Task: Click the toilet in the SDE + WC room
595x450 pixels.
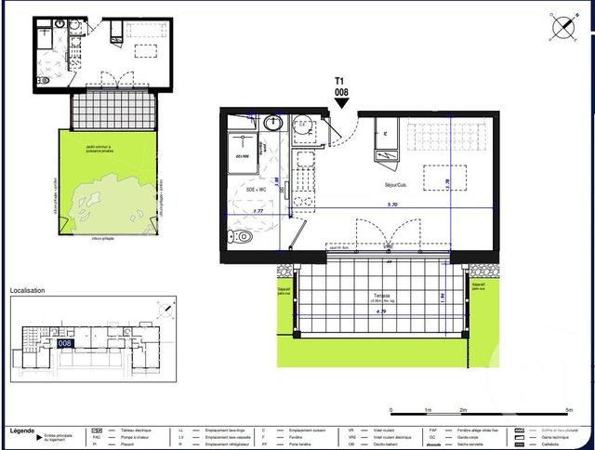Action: pos(242,236)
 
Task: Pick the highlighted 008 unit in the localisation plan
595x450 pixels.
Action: pos(66,343)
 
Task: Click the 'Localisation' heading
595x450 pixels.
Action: pos(27,291)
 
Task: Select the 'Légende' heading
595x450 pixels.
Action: pos(22,431)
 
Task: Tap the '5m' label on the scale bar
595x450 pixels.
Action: pos(569,410)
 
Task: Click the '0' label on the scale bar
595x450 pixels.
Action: pos(391,410)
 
